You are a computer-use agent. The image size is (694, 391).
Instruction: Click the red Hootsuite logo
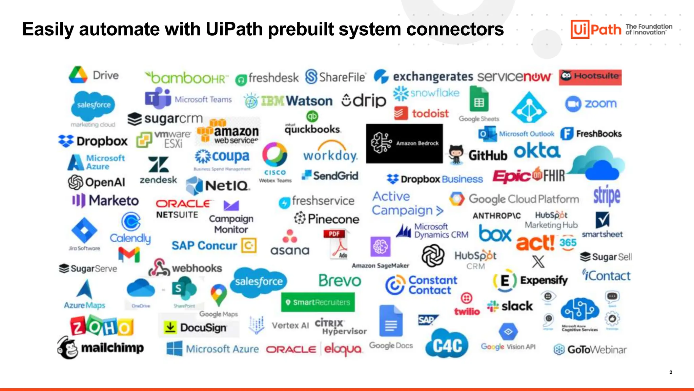point(590,77)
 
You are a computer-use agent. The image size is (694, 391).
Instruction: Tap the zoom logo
point(591,104)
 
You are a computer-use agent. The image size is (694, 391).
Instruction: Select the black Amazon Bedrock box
point(404,143)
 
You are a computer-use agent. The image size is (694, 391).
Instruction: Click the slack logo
point(510,306)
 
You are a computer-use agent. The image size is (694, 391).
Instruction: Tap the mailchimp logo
point(101,348)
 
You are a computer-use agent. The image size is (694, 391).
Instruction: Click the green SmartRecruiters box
point(318,302)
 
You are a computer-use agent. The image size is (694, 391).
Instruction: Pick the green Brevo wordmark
point(340,281)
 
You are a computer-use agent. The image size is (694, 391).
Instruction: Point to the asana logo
point(290,243)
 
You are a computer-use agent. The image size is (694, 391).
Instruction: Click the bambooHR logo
point(187,78)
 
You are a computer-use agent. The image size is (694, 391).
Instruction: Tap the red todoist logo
point(422,113)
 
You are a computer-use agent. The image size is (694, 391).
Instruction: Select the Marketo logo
point(105,201)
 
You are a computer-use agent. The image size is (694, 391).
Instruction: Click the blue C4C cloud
point(447,345)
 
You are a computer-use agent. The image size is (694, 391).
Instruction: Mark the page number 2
point(671,372)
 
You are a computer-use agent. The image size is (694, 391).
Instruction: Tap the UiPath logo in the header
point(596,29)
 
